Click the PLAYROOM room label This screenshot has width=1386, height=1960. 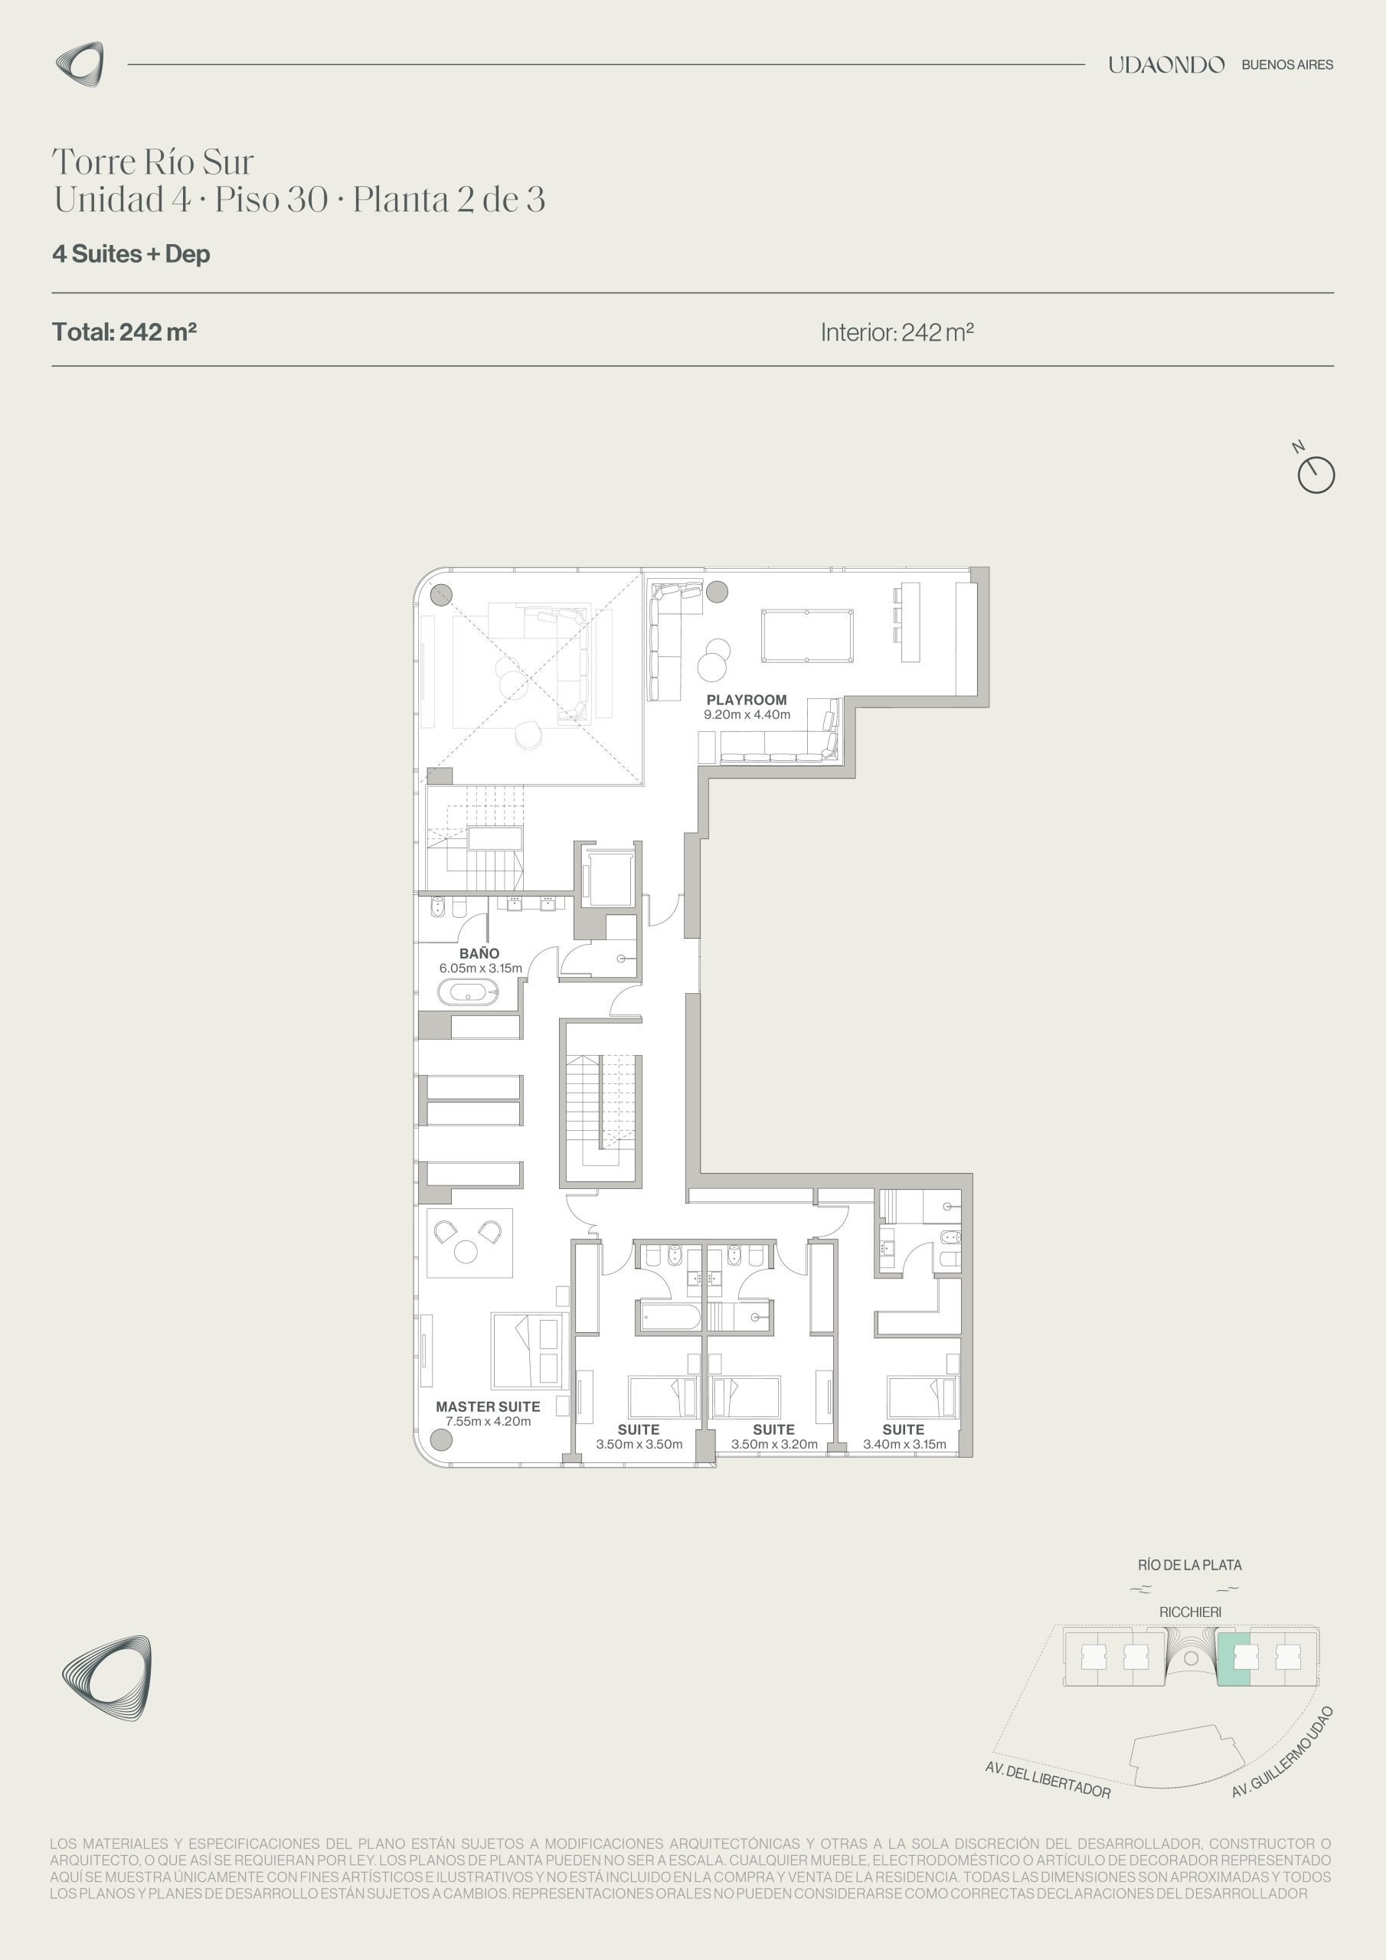tap(747, 700)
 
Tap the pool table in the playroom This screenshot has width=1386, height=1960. tap(807, 635)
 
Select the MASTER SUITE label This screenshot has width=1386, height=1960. tap(488, 1406)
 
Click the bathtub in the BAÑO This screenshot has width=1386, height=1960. tap(467, 992)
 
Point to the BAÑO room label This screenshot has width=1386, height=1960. tap(479, 953)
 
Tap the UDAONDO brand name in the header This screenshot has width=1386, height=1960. tap(1166, 65)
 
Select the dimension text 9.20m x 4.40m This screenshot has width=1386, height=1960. tap(747, 714)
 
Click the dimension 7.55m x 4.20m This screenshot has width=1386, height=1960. tap(489, 1421)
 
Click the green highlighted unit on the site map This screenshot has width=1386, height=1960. tap(1233, 1658)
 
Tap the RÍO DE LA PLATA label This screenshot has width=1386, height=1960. tap(1189, 1566)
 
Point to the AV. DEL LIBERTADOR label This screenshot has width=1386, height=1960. tap(1048, 1779)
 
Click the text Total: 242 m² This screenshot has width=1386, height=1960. tap(125, 332)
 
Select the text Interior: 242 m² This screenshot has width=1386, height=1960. tap(897, 332)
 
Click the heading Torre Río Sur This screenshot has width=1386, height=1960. tap(154, 162)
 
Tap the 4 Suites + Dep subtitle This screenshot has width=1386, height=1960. tap(132, 254)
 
